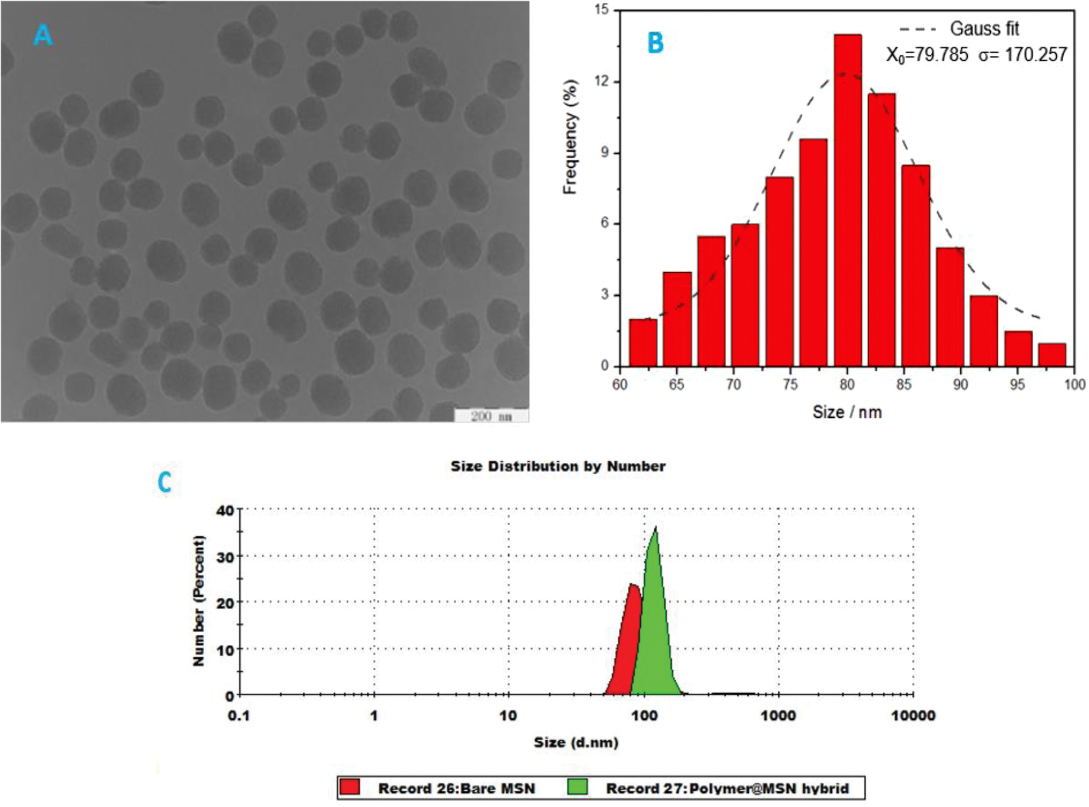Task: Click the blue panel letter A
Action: pyautogui.click(x=42, y=35)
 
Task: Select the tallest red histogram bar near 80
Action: pyautogui.click(x=847, y=200)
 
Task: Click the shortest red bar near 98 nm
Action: pyautogui.click(x=1052, y=355)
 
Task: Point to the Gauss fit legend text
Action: pyautogui.click(x=984, y=29)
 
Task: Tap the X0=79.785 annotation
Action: pyautogui.click(x=927, y=55)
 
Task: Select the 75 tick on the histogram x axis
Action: pyautogui.click(x=790, y=385)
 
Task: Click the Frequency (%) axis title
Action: pyautogui.click(x=570, y=137)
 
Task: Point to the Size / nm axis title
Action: pyautogui.click(x=847, y=412)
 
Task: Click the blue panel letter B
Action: pyautogui.click(x=655, y=42)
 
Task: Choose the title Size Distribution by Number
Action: pyautogui.click(x=557, y=467)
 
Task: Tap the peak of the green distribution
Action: pyautogui.click(x=655, y=528)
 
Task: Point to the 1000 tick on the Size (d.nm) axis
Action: pyautogui.click(x=779, y=716)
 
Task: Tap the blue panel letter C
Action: pyautogui.click(x=165, y=483)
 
